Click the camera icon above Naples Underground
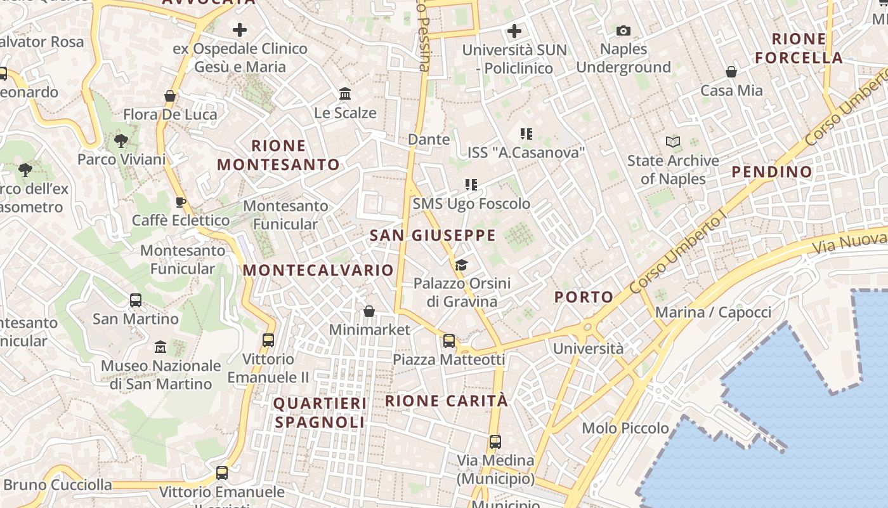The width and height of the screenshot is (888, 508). coord(624,30)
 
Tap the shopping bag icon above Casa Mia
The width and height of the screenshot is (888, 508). coord(731,72)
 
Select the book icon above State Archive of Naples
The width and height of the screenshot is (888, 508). coord(673,142)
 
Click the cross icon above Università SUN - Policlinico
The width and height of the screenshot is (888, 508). coord(514,30)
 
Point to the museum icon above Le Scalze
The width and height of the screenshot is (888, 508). coord(345,94)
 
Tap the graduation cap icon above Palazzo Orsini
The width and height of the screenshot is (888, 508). coord(461,265)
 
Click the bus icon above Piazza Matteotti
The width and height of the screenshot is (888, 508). coord(449,341)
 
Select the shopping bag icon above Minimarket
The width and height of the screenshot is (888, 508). coord(369,311)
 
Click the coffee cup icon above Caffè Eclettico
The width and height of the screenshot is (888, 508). coord(181,202)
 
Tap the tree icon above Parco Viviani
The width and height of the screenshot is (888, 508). coord(121,140)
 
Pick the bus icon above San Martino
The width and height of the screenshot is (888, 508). coord(135,300)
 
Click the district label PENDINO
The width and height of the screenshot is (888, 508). coord(771,171)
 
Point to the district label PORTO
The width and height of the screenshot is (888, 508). coord(584,297)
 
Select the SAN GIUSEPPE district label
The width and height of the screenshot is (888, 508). coord(433,236)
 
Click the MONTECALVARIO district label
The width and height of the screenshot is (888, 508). coord(318,270)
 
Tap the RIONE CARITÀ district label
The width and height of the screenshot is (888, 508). coord(447,401)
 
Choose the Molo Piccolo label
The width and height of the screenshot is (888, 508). coord(625,428)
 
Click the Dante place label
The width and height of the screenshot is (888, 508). coord(429,139)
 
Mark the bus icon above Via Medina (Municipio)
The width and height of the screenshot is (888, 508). coord(495,441)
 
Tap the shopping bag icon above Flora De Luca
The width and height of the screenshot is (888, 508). coord(170,96)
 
